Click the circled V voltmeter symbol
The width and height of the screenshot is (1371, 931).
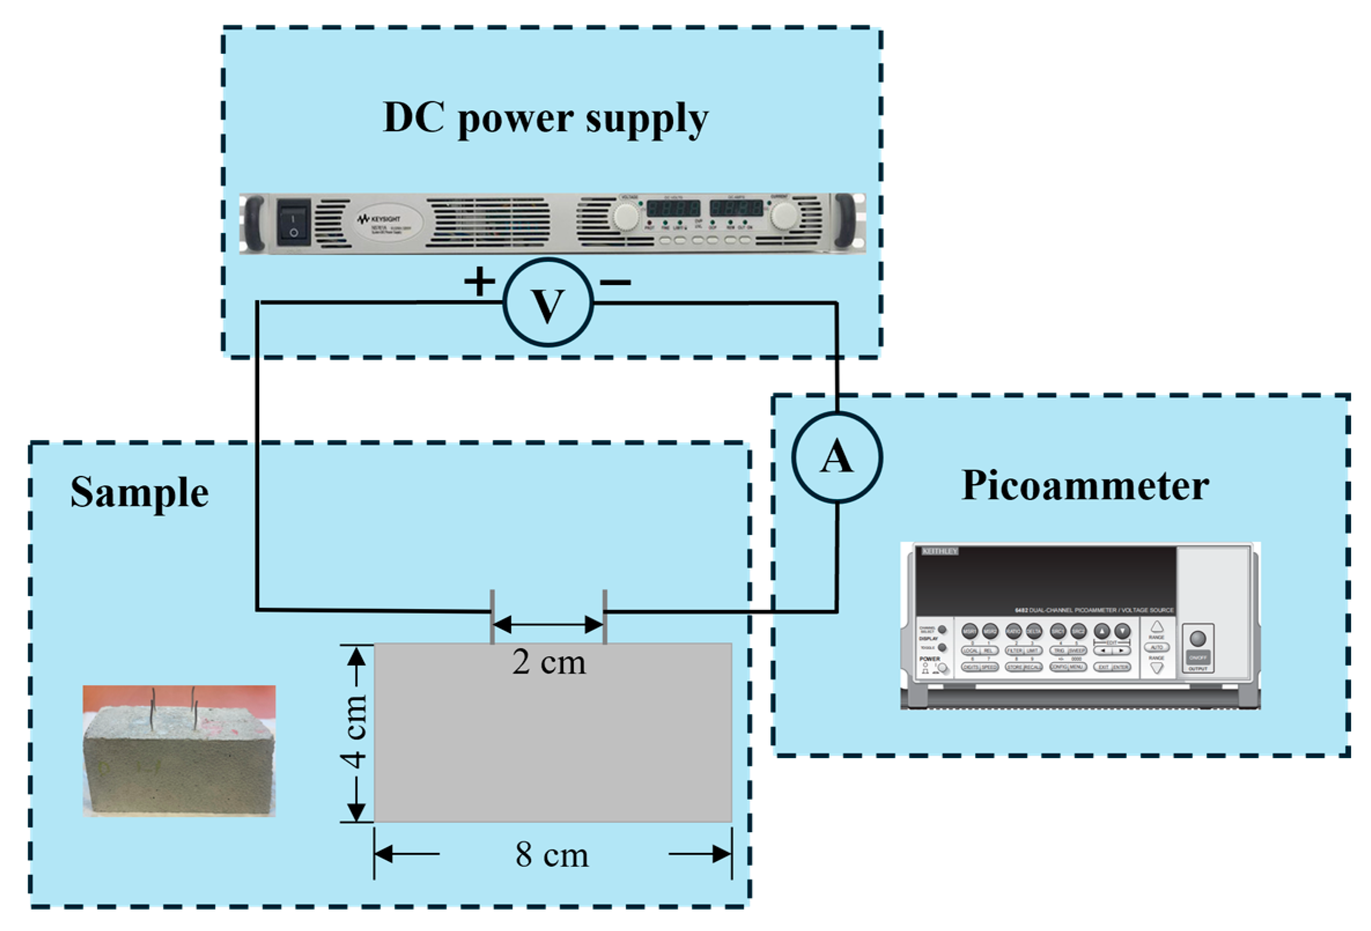point(548,303)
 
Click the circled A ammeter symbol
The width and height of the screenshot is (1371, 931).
point(837,457)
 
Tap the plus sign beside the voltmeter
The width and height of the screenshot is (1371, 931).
point(479,282)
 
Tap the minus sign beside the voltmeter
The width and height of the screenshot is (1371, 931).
point(615,282)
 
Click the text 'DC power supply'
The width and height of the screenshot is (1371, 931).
point(546,118)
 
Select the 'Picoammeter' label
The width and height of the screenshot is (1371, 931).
point(1085,486)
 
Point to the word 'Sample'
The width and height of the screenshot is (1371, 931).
point(139,492)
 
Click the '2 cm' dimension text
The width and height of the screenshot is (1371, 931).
point(549,662)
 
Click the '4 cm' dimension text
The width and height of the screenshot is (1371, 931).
point(354,731)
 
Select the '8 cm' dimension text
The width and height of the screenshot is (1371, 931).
point(552,854)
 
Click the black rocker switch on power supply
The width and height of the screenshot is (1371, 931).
point(294,223)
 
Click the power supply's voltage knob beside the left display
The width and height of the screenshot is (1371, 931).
point(626,216)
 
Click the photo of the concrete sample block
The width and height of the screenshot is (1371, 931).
point(179,751)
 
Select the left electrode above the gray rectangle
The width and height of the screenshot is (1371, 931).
point(492,616)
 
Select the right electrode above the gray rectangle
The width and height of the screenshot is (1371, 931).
point(605,616)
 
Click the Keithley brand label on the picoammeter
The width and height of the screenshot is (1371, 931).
point(940,551)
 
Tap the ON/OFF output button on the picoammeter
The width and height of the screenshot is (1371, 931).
point(1198,657)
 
